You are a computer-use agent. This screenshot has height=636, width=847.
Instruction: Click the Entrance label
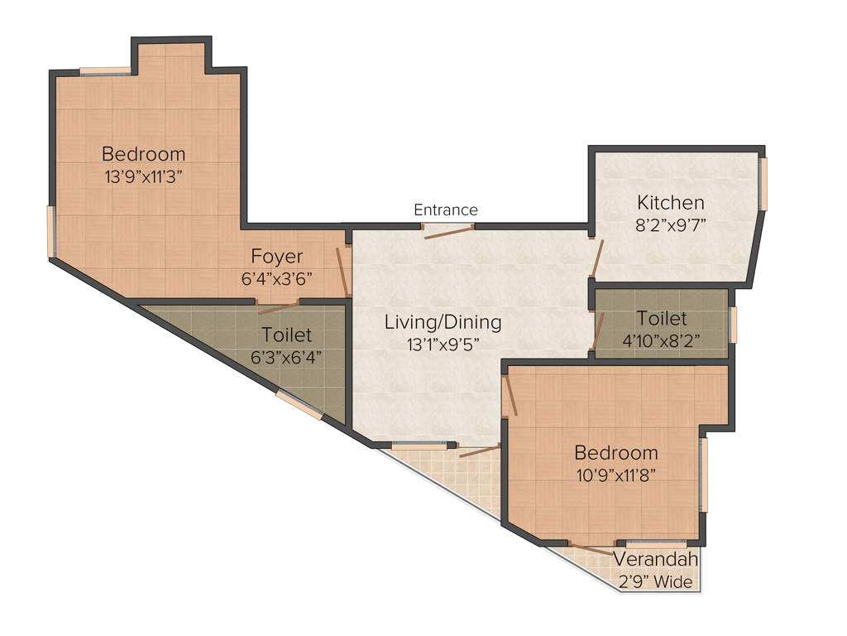(446, 210)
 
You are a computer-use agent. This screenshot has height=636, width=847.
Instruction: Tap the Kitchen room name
(670, 202)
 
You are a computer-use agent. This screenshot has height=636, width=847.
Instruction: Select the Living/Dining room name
(443, 322)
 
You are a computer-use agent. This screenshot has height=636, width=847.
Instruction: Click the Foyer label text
(276, 256)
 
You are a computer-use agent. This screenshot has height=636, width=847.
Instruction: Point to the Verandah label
(655, 559)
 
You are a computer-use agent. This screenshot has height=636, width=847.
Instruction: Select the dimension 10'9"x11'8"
(616, 475)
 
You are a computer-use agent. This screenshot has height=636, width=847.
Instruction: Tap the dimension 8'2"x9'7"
(671, 224)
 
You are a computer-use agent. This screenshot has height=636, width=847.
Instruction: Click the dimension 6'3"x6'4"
(286, 358)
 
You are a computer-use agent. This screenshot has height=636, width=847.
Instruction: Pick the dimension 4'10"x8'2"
(661, 340)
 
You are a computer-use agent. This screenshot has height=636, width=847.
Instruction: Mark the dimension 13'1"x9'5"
(443, 344)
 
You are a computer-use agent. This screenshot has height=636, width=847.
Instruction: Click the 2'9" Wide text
(655, 582)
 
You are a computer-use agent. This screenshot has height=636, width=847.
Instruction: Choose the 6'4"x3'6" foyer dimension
(277, 278)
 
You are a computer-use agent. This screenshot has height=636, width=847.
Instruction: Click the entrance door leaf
(449, 232)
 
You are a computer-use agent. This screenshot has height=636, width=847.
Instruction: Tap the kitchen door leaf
(597, 258)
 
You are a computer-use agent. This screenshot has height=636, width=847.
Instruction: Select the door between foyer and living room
(342, 271)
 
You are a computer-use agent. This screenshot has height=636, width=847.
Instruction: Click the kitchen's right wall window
(763, 184)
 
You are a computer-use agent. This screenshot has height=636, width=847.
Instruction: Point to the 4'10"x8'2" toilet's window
(734, 325)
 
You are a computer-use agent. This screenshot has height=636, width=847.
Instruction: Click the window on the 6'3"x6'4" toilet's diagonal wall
(299, 404)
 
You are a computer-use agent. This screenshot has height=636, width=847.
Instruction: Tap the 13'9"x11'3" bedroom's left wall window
(50, 232)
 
